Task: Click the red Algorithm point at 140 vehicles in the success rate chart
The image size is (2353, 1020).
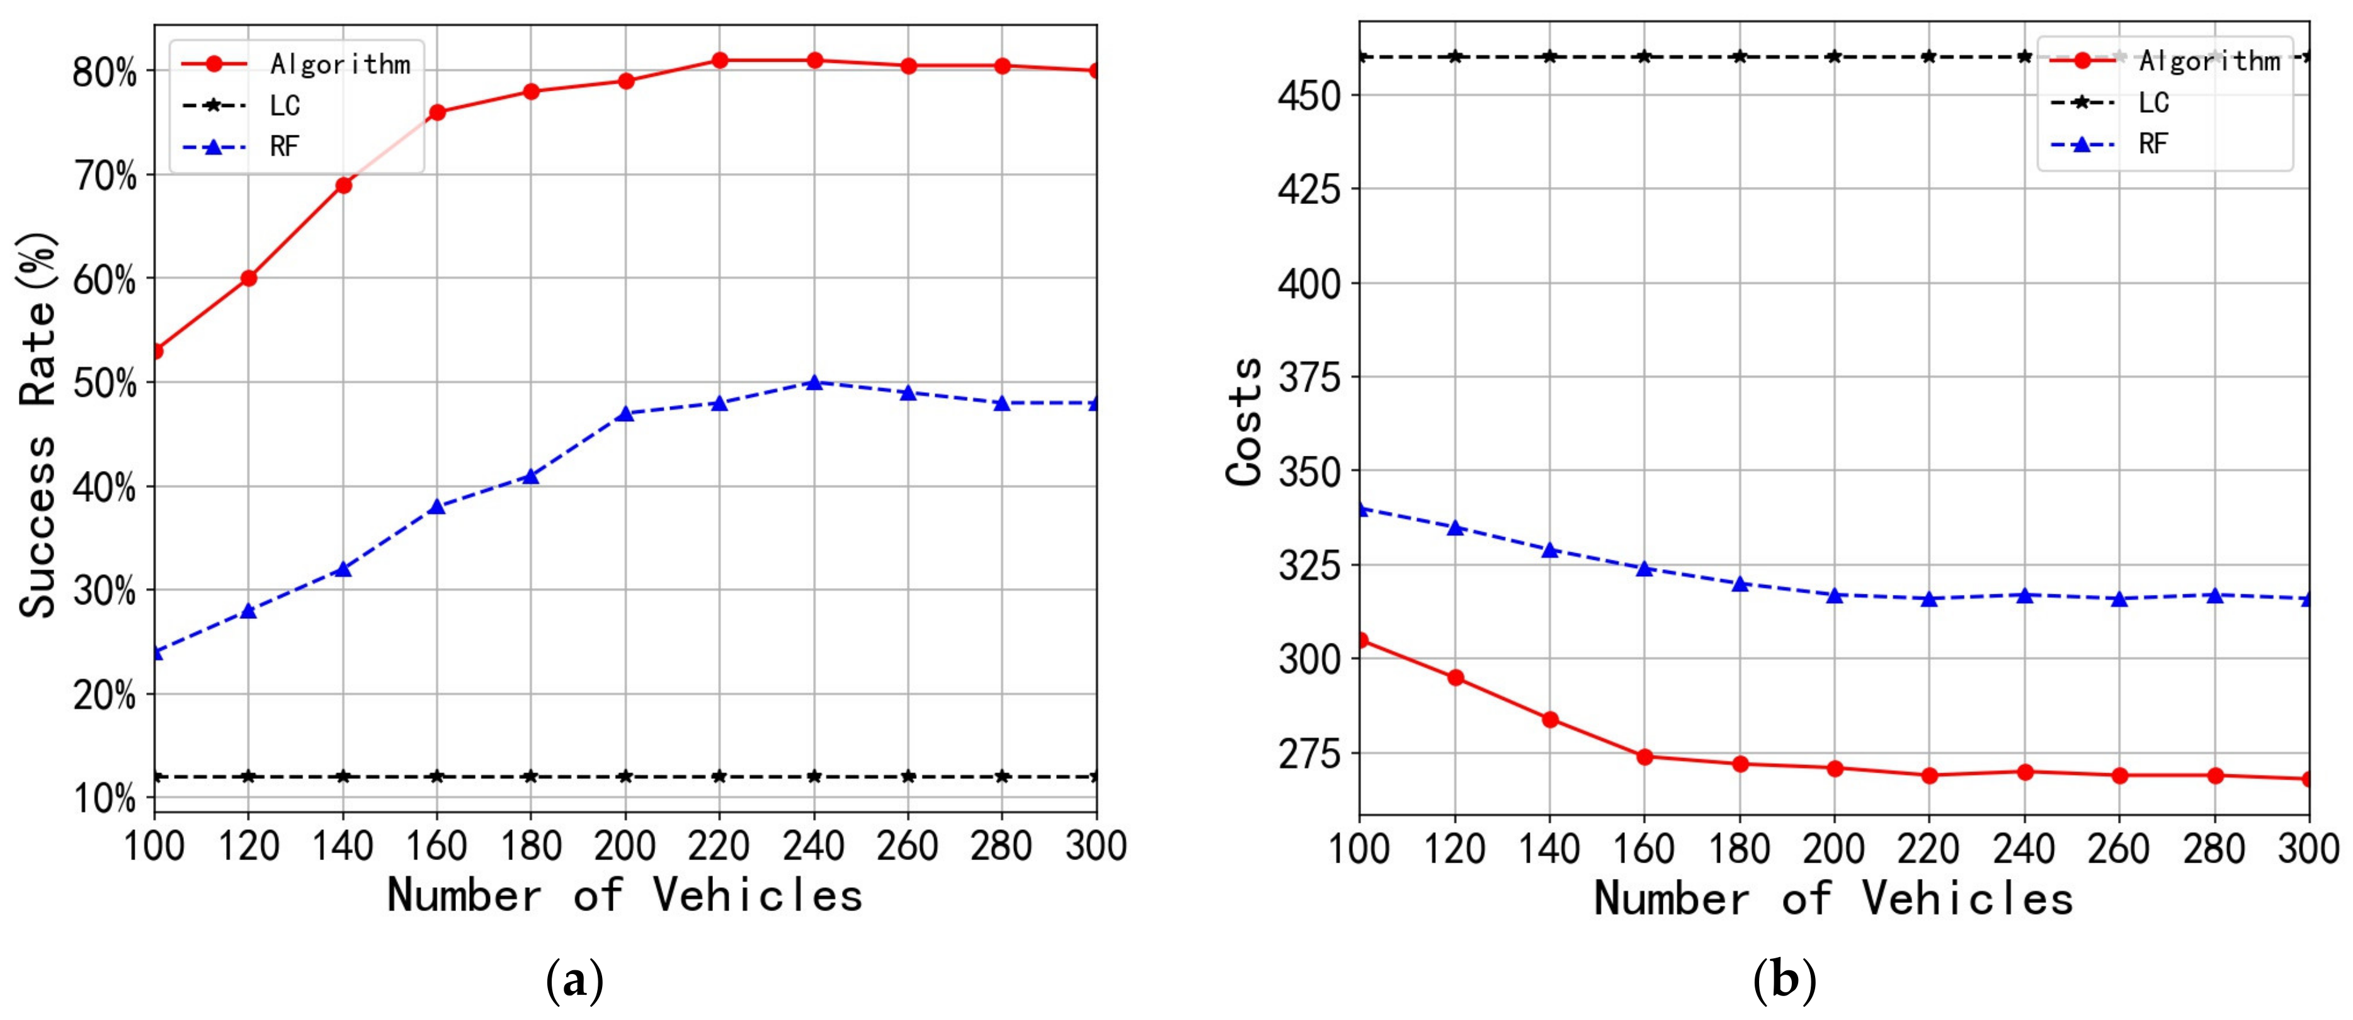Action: click(343, 185)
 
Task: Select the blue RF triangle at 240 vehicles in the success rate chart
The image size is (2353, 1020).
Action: click(814, 383)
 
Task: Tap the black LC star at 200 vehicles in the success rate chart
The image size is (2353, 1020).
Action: click(625, 776)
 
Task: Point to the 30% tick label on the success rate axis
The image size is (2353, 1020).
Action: click(103, 591)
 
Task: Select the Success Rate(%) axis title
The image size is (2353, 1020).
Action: click(38, 424)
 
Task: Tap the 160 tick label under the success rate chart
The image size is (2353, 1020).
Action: click(436, 846)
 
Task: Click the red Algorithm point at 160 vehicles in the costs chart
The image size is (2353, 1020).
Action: click(1645, 756)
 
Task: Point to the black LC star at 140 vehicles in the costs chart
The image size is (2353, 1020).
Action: click(1550, 57)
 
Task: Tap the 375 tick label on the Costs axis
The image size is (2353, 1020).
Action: click(1309, 377)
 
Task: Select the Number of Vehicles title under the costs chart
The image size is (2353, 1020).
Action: click(1833, 900)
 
